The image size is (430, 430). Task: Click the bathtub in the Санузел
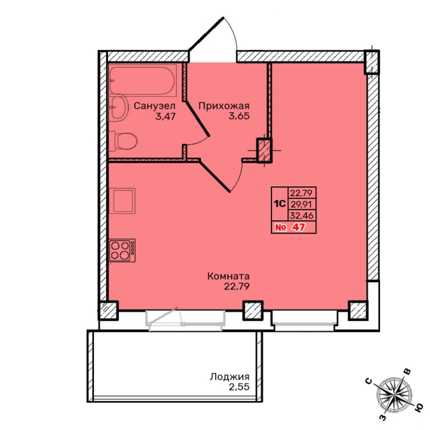click(x=142, y=80)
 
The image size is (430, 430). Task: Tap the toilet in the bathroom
click(x=123, y=141)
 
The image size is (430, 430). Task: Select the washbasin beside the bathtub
click(x=119, y=107)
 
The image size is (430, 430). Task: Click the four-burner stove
click(x=122, y=250)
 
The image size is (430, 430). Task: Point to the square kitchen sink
click(x=122, y=201)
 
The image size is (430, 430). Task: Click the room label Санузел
click(x=155, y=106)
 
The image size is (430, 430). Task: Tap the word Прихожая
click(x=224, y=106)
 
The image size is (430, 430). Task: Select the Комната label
click(x=228, y=276)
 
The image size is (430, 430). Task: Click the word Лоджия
click(x=230, y=377)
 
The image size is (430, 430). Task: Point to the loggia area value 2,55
click(x=239, y=387)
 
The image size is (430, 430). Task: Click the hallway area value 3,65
click(x=239, y=116)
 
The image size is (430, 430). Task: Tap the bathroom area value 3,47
click(x=165, y=116)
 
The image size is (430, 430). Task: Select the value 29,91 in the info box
click(x=301, y=204)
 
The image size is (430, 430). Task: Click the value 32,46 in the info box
click(x=301, y=216)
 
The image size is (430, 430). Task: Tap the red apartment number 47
click(x=298, y=227)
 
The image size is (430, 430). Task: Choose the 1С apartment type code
click(x=280, y=204)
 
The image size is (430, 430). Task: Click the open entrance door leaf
click(x=206, y=34)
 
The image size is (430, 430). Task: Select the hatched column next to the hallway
click(x=264, y=151)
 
